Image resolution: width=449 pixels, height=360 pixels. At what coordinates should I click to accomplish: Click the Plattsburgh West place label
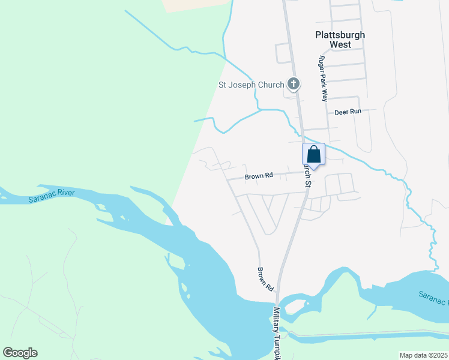point(340,40)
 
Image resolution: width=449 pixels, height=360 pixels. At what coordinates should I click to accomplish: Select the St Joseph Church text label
point(250,85)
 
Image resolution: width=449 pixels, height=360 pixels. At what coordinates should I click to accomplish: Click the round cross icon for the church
point(294,84)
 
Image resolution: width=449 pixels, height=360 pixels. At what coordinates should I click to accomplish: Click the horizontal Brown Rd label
point(259,176)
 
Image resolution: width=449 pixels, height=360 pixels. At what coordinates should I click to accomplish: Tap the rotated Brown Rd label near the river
point(265,279)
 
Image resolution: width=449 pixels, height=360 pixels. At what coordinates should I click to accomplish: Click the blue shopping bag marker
point(313,155)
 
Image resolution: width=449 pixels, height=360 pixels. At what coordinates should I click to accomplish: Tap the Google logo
point(20,353)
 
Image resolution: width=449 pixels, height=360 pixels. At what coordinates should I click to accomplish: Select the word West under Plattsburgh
point(340,44)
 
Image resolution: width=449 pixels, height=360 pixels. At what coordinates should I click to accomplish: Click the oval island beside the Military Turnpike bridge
point(294,308)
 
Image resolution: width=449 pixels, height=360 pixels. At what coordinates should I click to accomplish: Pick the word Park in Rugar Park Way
point(323,79)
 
